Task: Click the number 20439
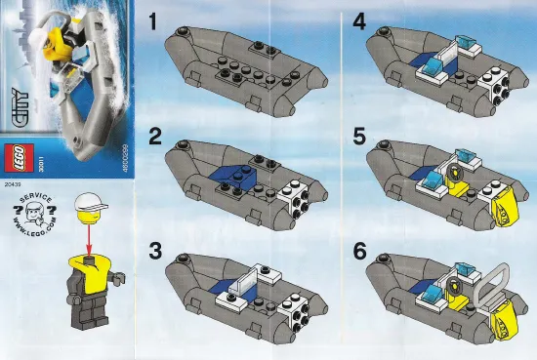click(x=13, y=181)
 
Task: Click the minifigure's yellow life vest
click(x=91, y=274)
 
